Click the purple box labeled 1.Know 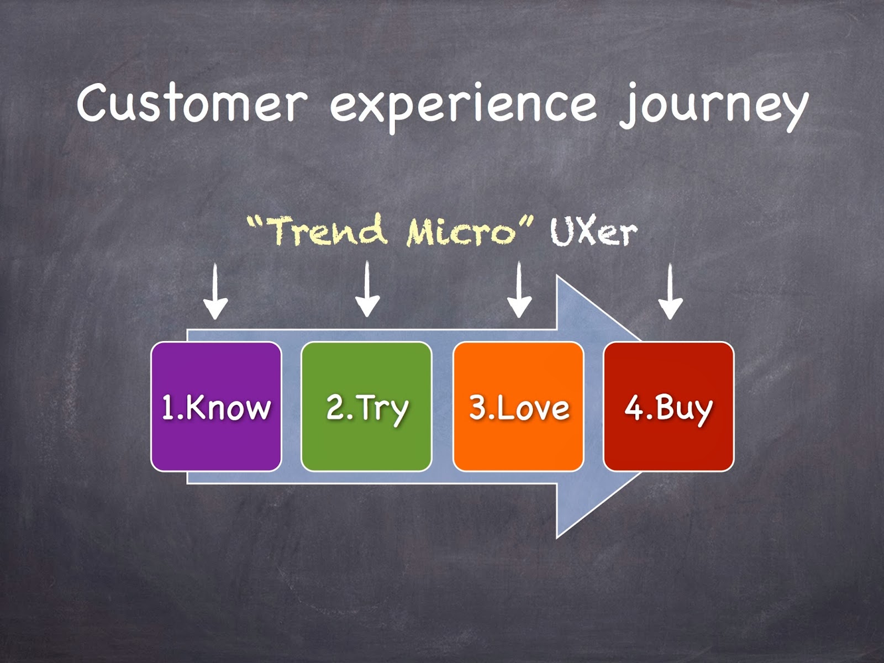point(216,407)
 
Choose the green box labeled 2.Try point(366,407)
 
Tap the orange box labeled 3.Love point(518,407)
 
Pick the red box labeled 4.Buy point(669,407)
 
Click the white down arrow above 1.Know point(215,291)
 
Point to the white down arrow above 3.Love point(519,290)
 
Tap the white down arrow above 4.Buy point(670,291)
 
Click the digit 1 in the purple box point(167,407)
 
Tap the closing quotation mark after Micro point(526,222)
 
